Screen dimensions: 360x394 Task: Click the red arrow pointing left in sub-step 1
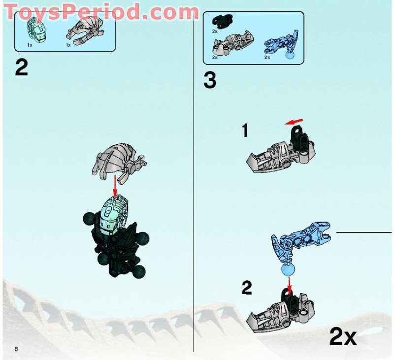click(x=294, y=120)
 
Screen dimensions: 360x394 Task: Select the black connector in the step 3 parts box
click(x=219, y=21)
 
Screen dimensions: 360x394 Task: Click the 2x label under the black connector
click(x=214, y=31)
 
